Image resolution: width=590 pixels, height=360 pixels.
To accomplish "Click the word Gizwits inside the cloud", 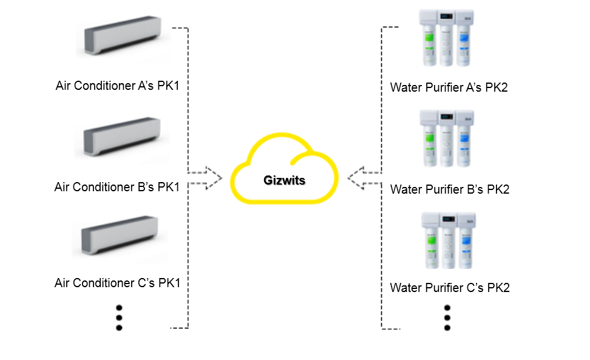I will coord(283,180).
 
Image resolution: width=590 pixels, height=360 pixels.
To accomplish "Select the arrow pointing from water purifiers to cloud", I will coord(365,178).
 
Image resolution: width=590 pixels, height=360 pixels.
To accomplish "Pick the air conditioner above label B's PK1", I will coord(121,137).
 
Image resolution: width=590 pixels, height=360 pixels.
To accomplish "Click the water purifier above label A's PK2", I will coord(447,38).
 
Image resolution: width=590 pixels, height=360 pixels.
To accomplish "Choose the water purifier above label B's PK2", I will coord(447,139).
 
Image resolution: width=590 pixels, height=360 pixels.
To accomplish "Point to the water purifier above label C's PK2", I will coord(447,240).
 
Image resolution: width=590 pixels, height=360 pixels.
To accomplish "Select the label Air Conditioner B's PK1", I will coord(117,187).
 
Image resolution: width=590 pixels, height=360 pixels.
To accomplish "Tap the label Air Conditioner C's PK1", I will coord(117,283).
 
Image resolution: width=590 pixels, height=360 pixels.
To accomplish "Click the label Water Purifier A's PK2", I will coord(449,87).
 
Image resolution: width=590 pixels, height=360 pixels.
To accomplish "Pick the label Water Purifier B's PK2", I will coord(450,189).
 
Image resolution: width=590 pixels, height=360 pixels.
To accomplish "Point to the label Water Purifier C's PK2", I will coord(450,287).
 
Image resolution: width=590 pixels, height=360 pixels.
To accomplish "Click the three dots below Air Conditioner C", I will coord(119,317).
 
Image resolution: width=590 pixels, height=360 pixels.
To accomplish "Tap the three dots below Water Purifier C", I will coord(447,317).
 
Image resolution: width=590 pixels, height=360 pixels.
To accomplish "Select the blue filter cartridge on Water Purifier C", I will coord(465,246).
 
